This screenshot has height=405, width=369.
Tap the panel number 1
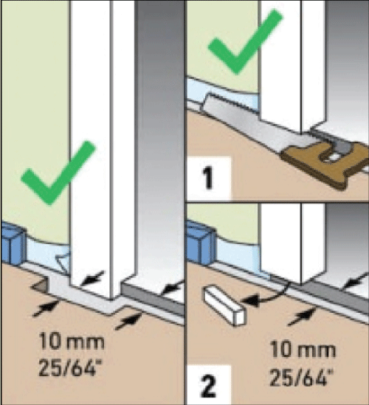click(x=207, y=178)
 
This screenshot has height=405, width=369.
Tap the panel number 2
click(x=208, y=386)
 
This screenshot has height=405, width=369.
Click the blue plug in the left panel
click(x=13, y=243)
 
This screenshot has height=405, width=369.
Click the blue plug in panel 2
click(x=201, y=243)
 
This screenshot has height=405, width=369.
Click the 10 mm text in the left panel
click(x=72, y=342)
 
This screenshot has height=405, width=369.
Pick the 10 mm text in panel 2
click(x=303, y=349)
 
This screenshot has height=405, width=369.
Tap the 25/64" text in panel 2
click(x=301, y=377)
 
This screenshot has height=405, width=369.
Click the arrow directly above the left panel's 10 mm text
click(x=46, y=308)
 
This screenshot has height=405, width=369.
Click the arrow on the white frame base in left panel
click(x=92, y=278)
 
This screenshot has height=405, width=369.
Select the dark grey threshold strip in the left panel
click(x=153, y=300)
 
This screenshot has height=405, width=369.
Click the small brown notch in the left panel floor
click(x=40, y=285)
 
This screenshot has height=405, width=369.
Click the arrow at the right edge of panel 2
click(x=355, y=280)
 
